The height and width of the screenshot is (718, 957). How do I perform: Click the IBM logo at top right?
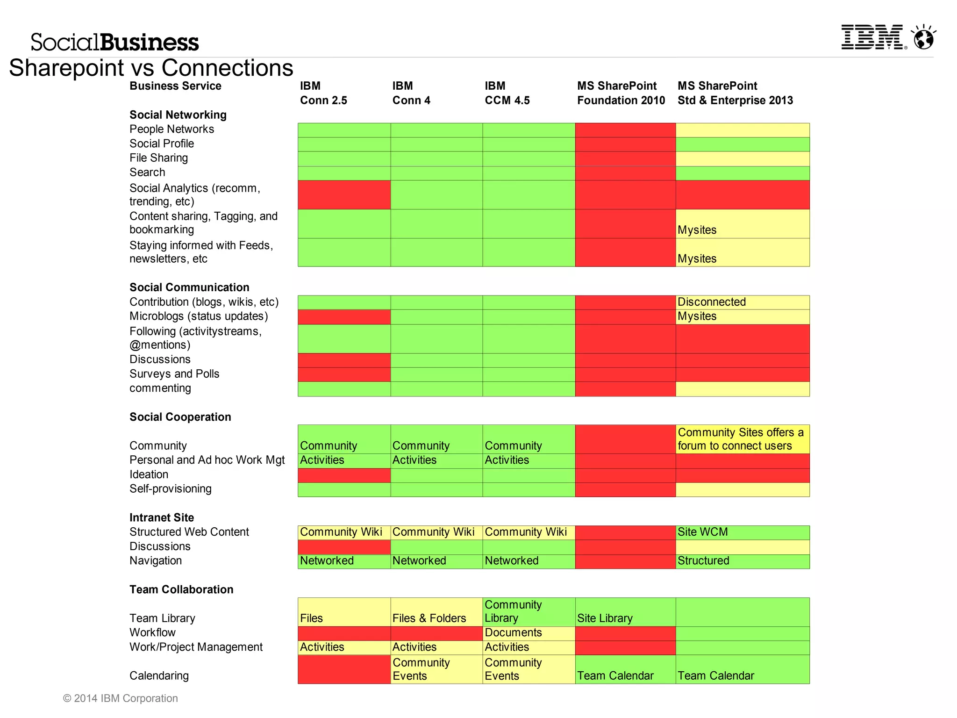873,37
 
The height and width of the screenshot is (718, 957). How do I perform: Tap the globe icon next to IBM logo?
924,37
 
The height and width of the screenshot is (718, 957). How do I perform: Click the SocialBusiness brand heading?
114,42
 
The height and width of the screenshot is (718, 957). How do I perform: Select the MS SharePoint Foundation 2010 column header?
621,93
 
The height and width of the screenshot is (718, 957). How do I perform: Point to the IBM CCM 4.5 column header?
507,93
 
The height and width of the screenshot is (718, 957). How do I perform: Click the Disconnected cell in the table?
742,302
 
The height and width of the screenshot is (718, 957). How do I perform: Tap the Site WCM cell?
742,532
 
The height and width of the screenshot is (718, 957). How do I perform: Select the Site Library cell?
625,612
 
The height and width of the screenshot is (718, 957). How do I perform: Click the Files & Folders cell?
436,612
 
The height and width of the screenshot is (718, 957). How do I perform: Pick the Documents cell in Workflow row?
528,633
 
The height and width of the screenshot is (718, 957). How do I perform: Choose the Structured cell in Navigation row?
742,561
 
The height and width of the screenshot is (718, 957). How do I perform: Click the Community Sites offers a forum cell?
742,439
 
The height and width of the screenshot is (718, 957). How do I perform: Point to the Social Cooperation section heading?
180,417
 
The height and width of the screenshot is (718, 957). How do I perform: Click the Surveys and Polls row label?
174,374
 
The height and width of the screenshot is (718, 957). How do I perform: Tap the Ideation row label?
149,474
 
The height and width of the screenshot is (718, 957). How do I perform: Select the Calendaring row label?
159,675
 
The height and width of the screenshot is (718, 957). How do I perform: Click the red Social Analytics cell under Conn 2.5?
344,194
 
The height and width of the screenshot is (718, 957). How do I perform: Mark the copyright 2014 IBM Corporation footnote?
121,698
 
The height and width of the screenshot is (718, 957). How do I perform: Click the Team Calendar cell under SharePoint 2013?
742,669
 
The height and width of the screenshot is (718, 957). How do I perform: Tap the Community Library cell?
528,612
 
